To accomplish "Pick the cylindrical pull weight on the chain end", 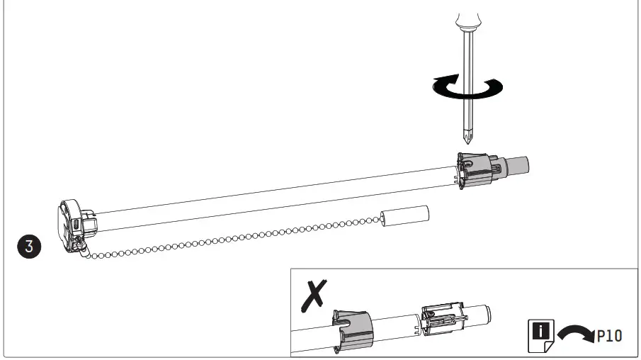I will coord(405,215).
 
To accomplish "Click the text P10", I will coord(608,335).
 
